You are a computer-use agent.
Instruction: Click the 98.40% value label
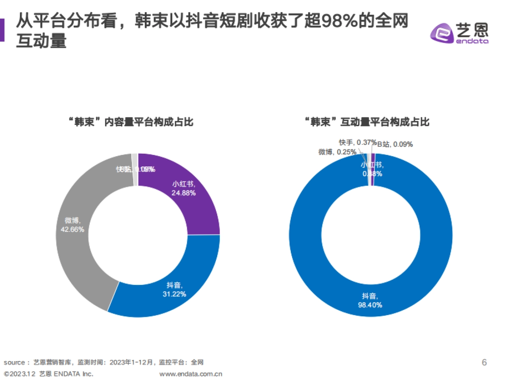tap(371, 305)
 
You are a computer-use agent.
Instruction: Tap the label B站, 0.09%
tap(395, 144)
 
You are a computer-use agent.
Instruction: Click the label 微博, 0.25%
tap(337, 152)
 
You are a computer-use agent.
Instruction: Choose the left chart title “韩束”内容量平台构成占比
tap(131, 122)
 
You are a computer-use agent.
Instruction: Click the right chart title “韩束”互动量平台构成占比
tap(367, 122)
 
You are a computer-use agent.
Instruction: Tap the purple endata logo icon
tap(441, 33)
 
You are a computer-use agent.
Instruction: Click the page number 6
tap(484, 362)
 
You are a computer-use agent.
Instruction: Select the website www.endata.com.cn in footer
tap(190, 374)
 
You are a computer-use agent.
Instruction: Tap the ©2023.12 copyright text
tap(19, 374)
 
